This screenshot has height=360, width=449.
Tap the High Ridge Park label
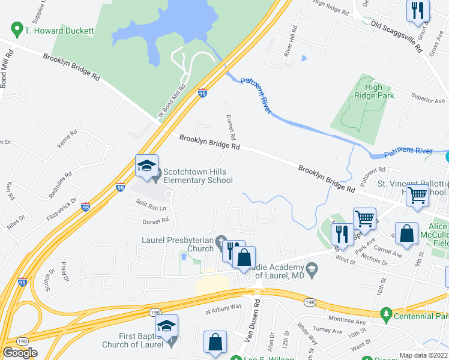point(373,91)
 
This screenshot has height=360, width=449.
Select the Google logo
point(20,353)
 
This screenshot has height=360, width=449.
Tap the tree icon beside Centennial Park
point(386,314)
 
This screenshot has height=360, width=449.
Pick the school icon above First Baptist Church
point(167,326)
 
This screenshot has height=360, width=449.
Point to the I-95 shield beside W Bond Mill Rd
point(202,93)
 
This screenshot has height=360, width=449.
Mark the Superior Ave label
point(427,97)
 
